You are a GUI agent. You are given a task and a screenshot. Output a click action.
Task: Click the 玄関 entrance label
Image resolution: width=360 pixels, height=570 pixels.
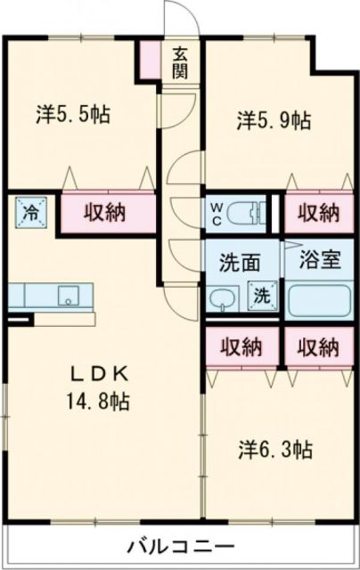[x=180, y=62]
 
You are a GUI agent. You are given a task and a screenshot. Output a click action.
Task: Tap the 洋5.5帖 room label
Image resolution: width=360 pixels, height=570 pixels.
[x=73, y=114]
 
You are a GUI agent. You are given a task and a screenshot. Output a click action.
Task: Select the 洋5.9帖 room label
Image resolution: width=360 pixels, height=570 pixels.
[x=274, y=120]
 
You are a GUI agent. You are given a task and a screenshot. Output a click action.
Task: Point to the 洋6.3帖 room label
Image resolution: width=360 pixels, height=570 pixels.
[x=274, y=450]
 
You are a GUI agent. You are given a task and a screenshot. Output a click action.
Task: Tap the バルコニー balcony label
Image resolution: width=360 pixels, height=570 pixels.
[x=179, y=544]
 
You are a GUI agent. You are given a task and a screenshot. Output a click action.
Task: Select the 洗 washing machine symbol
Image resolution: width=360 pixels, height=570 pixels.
[x=264, y=294]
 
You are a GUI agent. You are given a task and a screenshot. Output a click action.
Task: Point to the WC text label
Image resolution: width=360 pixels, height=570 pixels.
[x=217, y=214]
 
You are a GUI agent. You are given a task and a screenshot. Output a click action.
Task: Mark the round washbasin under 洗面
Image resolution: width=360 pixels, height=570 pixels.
[x=222, y=298]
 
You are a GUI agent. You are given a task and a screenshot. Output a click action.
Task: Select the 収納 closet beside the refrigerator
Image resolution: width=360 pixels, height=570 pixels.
[x=105, y=213]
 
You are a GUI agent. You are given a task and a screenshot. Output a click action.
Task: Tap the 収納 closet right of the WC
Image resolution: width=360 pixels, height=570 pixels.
[x=318, y=212]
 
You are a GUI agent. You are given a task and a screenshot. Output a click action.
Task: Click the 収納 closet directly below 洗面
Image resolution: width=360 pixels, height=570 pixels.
[x=241, y=346]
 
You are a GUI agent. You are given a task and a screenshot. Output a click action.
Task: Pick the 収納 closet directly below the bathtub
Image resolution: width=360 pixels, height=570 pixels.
[x=318, y=346]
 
